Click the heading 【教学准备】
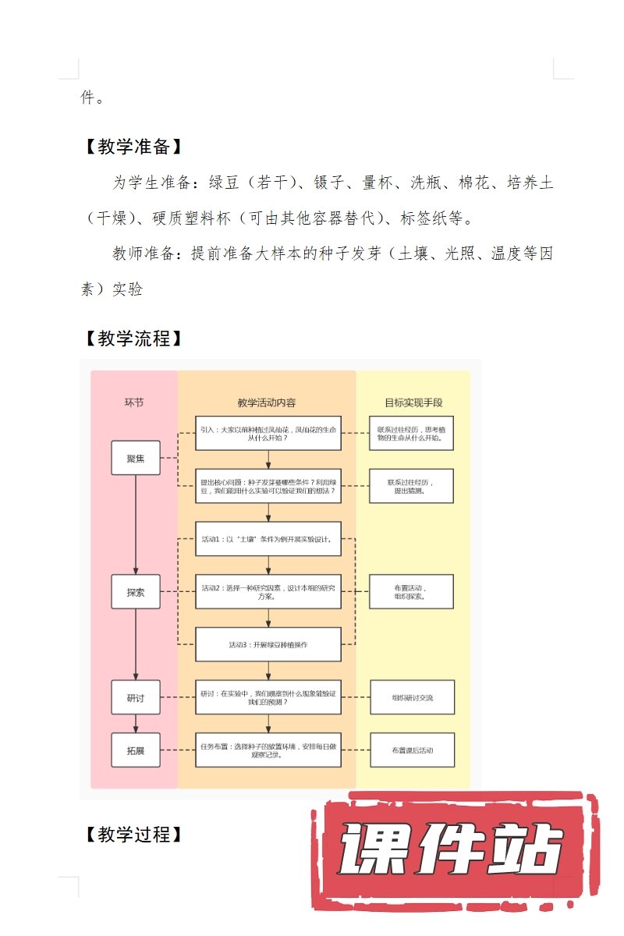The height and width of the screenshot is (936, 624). [133, 147]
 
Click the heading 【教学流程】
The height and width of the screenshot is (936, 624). [133, 339]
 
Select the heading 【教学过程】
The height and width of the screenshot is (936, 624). [133, 834]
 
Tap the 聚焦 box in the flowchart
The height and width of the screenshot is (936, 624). [136, 459]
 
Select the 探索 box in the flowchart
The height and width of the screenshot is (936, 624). [136, 592]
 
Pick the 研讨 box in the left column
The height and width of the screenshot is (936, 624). [136, 697]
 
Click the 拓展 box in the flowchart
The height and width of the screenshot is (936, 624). [136, 750]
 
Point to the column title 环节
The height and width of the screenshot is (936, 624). [134, 402]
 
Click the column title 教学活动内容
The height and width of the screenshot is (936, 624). [267, 402]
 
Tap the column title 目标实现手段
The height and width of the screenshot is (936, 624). [413, 402]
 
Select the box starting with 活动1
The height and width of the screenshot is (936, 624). [268, 539]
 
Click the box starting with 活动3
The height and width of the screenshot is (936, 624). [268, 645]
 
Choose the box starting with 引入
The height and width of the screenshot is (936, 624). [268, 433]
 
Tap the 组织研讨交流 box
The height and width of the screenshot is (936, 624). [412, 697]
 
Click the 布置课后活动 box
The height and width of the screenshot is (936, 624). [412, 750]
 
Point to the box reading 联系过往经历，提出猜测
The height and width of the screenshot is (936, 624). [412, 486]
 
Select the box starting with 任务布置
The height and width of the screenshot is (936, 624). [268, 750]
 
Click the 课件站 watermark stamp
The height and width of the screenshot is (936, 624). [452, 850]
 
